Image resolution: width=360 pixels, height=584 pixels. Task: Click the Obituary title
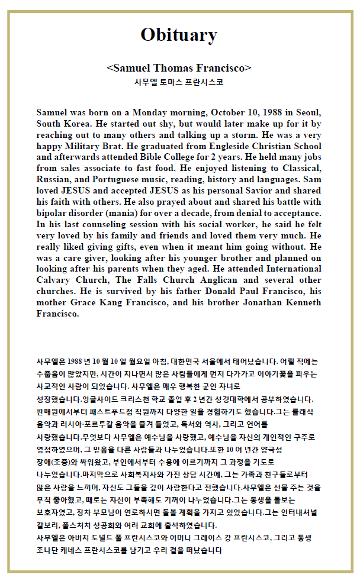point(179,35)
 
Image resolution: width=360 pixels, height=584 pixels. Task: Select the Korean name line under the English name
point(179,82)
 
